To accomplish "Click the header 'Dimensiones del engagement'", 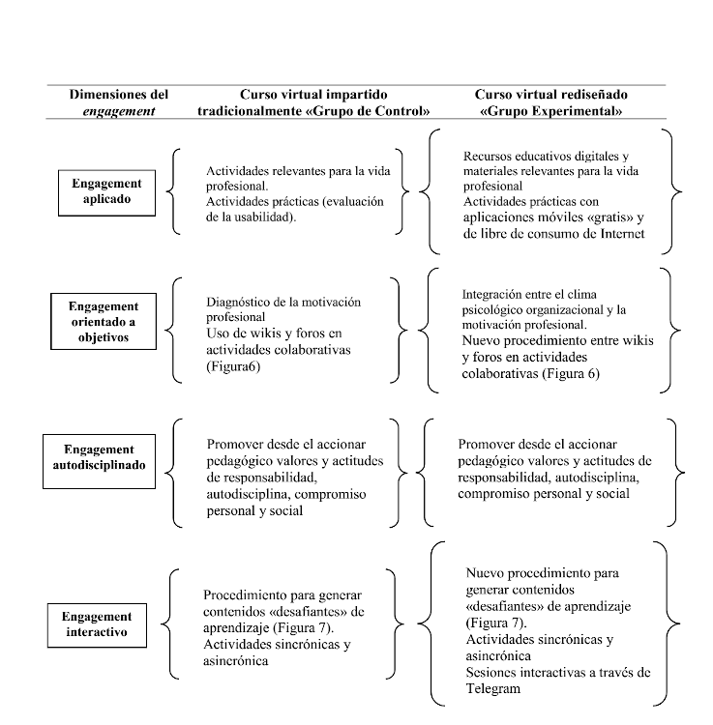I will click(118, 102).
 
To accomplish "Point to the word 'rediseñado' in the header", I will click(586, 95).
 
